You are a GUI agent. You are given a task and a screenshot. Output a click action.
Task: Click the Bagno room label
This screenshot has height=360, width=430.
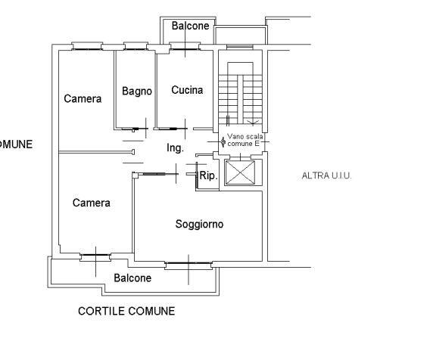[x=137, y=92]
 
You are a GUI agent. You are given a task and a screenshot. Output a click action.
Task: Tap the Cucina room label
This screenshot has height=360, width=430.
[x=187, y=90]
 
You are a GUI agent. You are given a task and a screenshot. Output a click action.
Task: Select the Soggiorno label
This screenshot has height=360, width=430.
[x=199, y=224]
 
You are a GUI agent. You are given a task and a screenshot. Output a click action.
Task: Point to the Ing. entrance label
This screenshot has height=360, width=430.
[x=175, y=148]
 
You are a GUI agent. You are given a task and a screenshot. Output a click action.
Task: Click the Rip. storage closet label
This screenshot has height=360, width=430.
[x=209, y=175]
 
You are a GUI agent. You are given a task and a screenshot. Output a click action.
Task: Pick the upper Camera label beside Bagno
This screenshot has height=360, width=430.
[x=83, y=98]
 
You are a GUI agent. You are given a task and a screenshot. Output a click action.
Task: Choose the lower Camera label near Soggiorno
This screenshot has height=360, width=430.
[x=92, y=203]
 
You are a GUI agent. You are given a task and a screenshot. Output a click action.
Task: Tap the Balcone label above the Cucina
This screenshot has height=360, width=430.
[x=190, y=26]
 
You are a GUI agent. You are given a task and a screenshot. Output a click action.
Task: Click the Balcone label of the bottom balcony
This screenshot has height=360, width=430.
[x=132, y=278]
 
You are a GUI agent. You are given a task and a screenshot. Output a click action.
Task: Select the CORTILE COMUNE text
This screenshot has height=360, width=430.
[x=126, y=312]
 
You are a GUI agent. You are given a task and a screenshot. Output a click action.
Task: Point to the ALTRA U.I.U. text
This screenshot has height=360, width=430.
[x=326, y=175]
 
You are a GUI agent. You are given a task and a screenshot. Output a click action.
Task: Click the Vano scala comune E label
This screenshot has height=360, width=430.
[x=245, y=140]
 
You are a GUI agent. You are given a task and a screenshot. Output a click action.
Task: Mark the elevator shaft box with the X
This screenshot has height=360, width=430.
[x=240, y=172]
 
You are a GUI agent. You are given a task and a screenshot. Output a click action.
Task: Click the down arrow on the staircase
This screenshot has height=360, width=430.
[x=253, y=123]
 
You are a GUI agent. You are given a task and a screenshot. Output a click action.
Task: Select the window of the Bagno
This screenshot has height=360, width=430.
[x=136, y=46]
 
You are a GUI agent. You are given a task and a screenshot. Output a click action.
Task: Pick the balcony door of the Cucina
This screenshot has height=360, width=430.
[x=185, y=46]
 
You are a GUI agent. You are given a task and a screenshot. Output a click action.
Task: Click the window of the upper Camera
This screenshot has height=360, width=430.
[x=87, y=46]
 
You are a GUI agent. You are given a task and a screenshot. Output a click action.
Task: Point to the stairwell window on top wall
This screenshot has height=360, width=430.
[x=240, y=47]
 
